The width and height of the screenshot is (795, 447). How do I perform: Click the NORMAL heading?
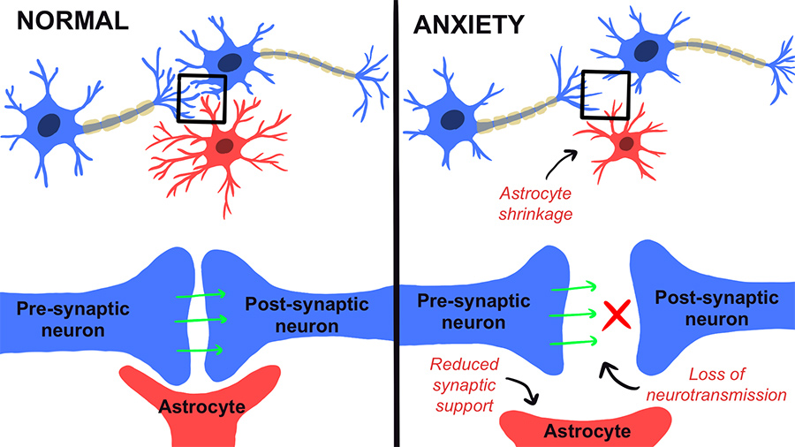pos(66,19)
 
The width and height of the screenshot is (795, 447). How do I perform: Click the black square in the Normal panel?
pos(201,98)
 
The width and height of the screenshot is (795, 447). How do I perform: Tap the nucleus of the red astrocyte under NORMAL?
pos(224,145)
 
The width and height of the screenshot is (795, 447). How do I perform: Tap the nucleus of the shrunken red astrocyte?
pos(626,143)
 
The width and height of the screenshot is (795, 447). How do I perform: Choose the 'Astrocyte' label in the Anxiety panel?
pos(587,431)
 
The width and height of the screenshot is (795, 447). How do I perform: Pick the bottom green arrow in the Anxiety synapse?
pos(570,342)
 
